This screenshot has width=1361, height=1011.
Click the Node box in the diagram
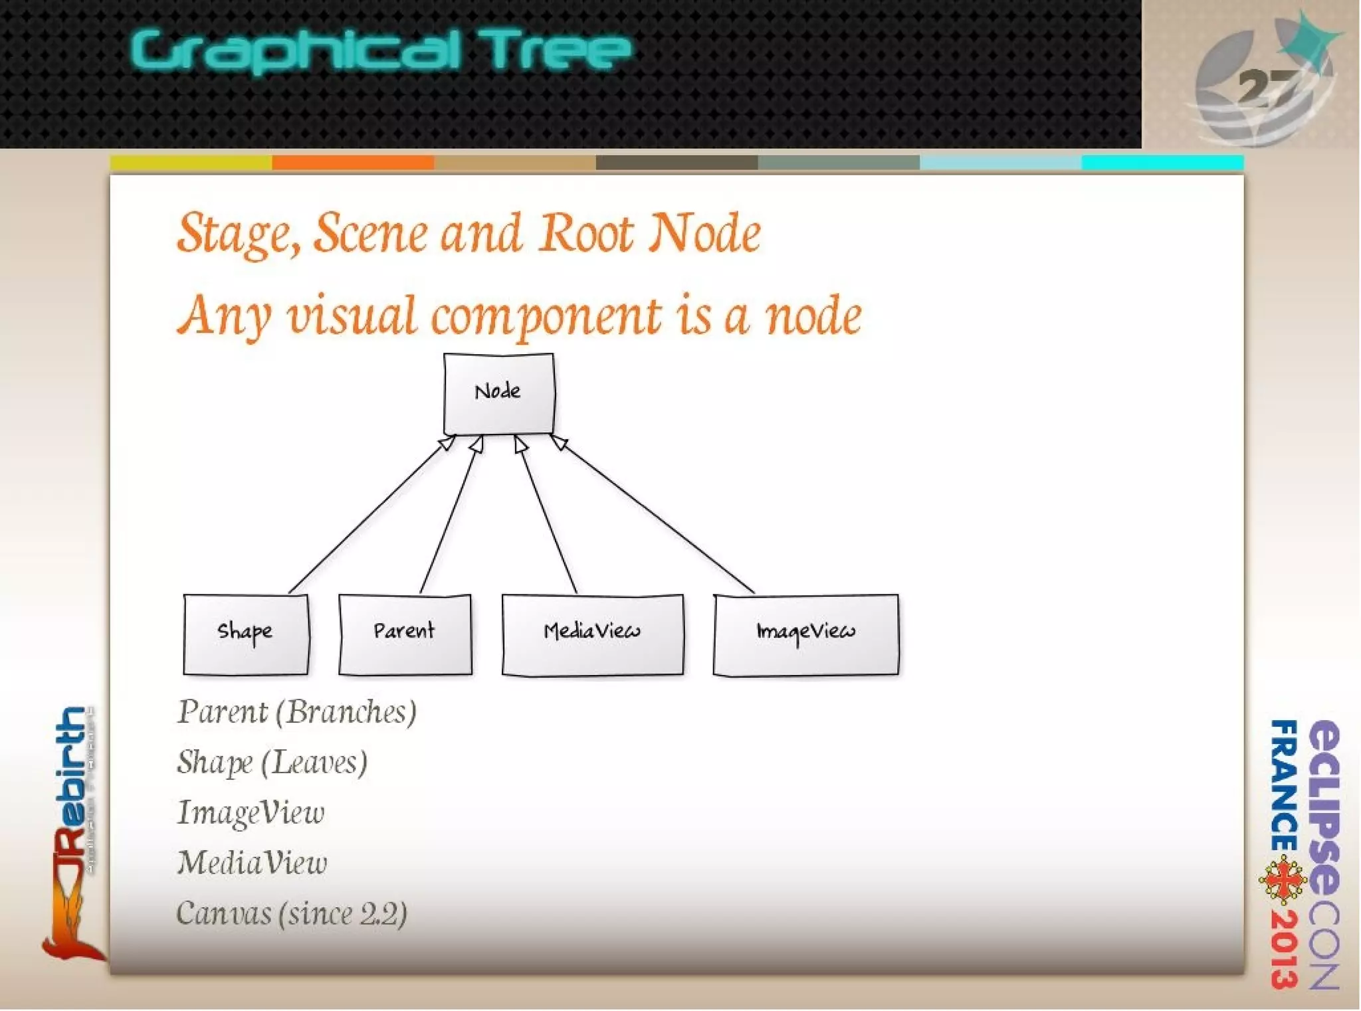498,393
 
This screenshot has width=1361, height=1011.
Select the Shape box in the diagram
245,634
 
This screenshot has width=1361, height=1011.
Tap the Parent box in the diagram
405,634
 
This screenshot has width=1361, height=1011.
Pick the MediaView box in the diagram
592,635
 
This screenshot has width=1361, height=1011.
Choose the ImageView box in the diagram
805,635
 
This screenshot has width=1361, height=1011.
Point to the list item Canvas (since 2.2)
291,914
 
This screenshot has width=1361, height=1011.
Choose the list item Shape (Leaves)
272,763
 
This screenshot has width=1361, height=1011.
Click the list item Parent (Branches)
296,712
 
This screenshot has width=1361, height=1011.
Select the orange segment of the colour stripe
353,163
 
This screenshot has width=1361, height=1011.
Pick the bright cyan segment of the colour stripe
1162,163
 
